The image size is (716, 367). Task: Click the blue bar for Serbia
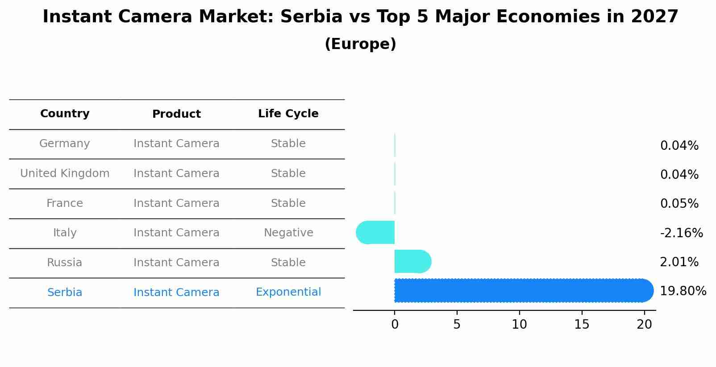[x=522, y=291]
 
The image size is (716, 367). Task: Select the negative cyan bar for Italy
[x=375, y=232]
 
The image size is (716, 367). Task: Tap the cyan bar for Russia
[x=412, y=261]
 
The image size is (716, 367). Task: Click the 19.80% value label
[x=683, y=291]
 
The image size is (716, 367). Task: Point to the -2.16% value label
[x=681, y=233]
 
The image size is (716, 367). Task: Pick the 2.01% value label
[x=679, y=262]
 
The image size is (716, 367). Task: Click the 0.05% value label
[x=679, y=204]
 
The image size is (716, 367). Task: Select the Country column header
[x=65, y=114]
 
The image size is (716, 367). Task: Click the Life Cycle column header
[x=288, y=114]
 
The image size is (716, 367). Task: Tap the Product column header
[x=176, y=114]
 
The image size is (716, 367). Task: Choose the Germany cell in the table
[x=65, y=144]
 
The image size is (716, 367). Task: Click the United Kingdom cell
[x=65, y=173]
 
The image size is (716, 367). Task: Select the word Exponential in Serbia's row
[x=288, y=292]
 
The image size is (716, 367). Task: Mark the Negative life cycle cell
[x=288, y=233]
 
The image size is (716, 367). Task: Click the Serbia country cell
[x=65, y=293]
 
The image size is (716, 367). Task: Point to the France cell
[x=65, y=203]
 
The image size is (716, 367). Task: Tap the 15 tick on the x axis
[x=582, y=325]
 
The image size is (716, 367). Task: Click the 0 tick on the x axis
[x=395, y=325]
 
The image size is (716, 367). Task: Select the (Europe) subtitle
[x=360, y=44]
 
